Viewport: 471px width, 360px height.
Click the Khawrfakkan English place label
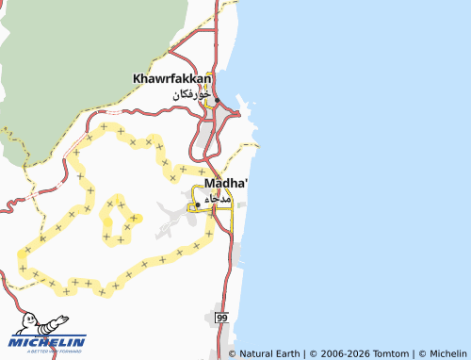[x=173, y=78]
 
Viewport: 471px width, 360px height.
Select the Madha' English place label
[x=219, y=183]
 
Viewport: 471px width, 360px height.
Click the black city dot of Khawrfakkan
[x=217, y=100]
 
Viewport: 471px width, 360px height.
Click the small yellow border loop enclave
[x=119, y=220]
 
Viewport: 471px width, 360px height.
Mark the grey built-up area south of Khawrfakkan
[x=204, y=141]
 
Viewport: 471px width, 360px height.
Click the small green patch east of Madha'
[x=242, y=205]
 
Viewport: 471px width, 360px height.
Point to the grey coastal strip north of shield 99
[x=236, y=254]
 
